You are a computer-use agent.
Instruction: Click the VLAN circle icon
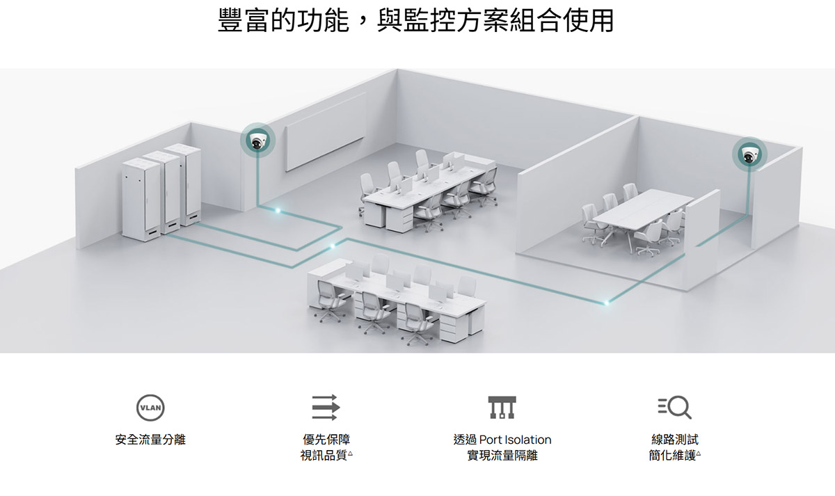click(x=150, y=407)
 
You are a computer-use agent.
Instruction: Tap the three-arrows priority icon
click(x=324, y=407)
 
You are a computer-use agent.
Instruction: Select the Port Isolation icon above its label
click(x=502, y=407)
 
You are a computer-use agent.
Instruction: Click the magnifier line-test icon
click(x=674, y=407)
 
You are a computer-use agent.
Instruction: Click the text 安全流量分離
click(x=150, y=440)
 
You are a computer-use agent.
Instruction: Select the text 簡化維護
click(x=671, y=456)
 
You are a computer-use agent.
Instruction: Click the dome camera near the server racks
click(x=257, y=142)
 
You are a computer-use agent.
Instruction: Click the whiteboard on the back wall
click(x=326, y=131)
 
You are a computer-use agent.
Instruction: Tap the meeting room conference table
click(x=642, y=209)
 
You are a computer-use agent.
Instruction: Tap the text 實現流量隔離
click(x=502, y=456)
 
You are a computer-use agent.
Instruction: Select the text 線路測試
click(x=674, y=440)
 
